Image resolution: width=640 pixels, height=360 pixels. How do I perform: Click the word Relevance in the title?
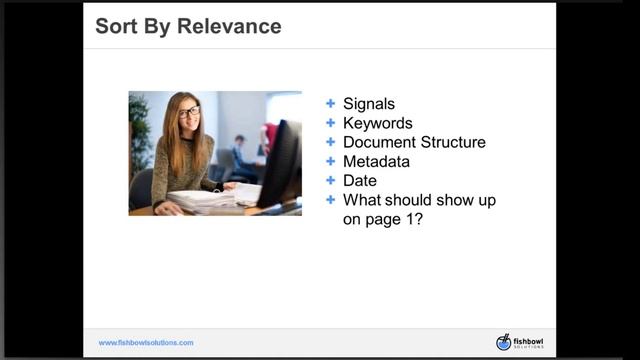[229, 26]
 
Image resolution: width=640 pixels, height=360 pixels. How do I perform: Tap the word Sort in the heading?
[114, 26]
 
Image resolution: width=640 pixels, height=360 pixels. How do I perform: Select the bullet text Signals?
[369, 104]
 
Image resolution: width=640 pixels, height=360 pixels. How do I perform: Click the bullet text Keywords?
[377, 123]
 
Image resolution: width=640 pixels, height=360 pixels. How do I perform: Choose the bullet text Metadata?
[376, 161]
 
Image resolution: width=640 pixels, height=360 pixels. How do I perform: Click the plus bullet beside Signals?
[331, 104]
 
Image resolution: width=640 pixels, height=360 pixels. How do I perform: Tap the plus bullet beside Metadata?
[331, 161]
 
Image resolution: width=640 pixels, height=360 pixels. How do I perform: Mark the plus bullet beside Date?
[331, 180]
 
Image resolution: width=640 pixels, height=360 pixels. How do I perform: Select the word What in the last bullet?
[362, 199]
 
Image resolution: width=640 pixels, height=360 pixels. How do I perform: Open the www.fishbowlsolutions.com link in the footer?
[146, 343]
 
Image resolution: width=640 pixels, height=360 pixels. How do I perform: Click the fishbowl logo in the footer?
[518, 342]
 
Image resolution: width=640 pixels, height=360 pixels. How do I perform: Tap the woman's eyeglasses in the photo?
[189, 112]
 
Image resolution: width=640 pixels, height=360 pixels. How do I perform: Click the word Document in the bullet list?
[380, 142]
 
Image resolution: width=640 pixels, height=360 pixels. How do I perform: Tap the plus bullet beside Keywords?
[331, 123]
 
